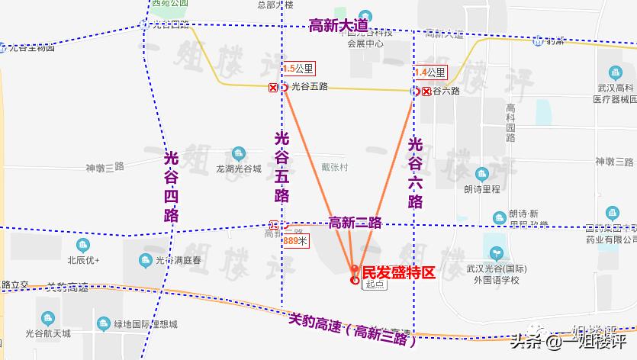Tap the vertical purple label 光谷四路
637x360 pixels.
[172, 187]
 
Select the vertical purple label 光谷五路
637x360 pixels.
[282, 166]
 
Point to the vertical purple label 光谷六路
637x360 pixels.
[416, 172]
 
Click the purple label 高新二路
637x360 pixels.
[355, 223]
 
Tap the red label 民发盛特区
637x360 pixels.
[397, 272]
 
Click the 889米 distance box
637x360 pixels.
[295, 241]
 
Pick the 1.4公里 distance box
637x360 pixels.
[429, 72]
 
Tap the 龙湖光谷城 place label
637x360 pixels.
[239, 169]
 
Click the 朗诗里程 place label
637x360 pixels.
[481, 188]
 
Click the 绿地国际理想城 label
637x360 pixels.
[146, 324]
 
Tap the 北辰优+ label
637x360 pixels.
[84, 259]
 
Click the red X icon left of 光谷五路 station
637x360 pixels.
[273, 88]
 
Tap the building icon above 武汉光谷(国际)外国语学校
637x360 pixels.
[497, 251]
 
